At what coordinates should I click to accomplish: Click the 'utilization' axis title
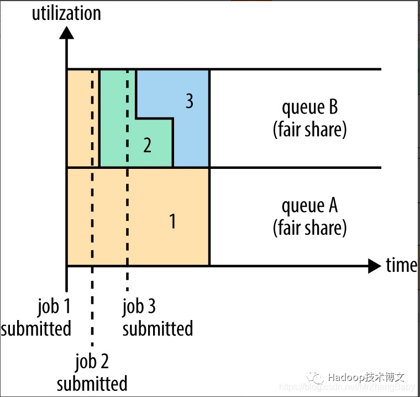click(66, 13)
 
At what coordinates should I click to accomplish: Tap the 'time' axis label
click(401, 265)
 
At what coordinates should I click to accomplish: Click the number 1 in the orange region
click(172, 221)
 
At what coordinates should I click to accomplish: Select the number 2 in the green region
click(147, 145)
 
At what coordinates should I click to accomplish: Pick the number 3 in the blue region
click(189, 102)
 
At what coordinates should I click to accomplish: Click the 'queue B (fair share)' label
click(309, 118)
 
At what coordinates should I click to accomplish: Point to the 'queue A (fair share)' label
click(309, 216)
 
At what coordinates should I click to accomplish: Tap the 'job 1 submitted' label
click(36, 317)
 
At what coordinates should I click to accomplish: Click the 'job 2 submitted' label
click(92, 373)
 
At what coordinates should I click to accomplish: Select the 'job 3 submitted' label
click(158, 317)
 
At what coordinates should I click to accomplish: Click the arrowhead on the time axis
click(374, 266)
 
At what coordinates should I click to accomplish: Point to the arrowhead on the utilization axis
click(66, 32)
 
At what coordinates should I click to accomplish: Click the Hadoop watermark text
click(366, 378)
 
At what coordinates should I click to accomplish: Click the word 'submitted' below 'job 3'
click(158, 328)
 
